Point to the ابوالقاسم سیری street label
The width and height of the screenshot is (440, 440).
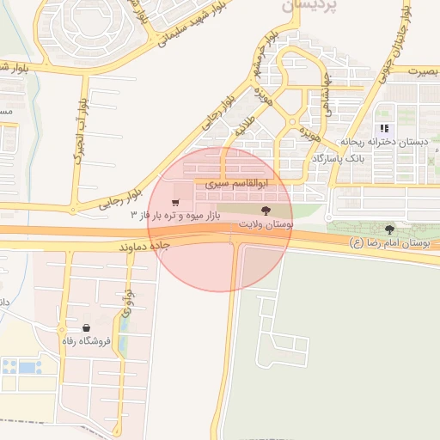click(x=238, y=183)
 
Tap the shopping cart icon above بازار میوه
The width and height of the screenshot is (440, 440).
click(x=175, y=202)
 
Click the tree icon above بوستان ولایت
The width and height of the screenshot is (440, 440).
click(x=265, y=210)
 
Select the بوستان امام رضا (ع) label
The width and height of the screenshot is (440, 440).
click(x=389, y=243)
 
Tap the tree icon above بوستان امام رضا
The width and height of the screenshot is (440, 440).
click(x=390, y=229)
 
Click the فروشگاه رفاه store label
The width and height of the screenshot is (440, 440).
click(x=87, y=341)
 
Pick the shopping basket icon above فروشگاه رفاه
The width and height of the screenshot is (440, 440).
click(x=87, y=327)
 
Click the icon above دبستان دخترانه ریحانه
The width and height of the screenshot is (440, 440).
click(x=383, y=128)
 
